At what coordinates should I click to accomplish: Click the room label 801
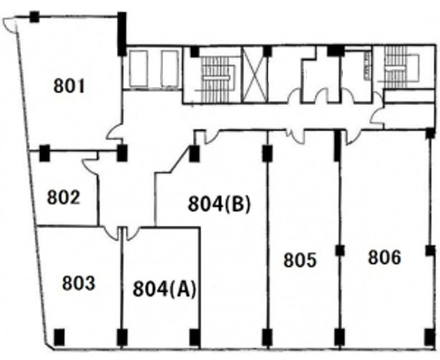(x=69, y=86)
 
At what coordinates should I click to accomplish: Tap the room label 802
(x=63, y=197)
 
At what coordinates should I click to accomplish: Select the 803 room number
(x=79, y=283)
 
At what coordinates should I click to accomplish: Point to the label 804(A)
(x=164, y=289)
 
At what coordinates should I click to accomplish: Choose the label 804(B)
(x=219, y=203)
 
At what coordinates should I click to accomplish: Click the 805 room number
(x=300, y=260)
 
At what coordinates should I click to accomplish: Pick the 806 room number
(x=385, y=257)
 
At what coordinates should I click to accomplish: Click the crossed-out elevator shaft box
(x=255, y=74)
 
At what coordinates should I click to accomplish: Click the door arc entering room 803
(x=111, y=234)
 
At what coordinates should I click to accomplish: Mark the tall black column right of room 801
(x=122, y=34)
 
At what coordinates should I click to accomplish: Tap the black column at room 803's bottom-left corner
(x=59, y=337)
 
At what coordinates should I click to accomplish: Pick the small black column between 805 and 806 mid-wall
(x=340, y=250)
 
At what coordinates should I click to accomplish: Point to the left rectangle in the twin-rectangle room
(x=138, y=69)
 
